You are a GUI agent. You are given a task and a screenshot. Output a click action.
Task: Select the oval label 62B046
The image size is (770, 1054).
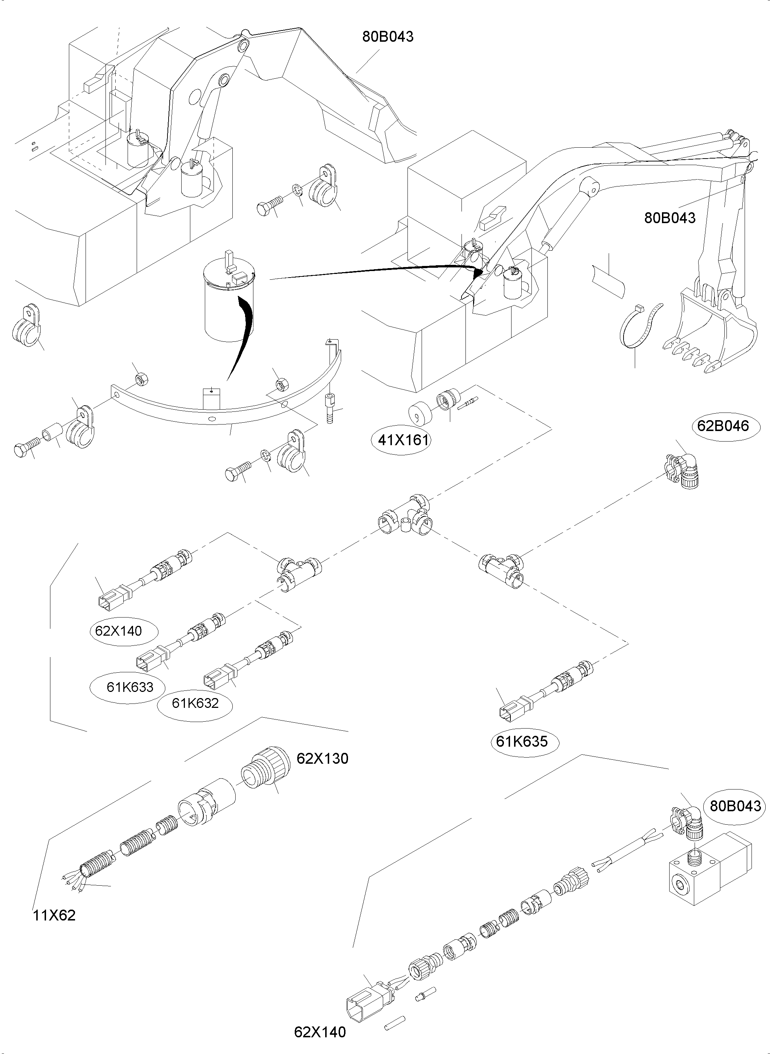(723, 426)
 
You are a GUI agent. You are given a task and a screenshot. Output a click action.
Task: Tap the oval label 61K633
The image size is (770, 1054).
(129, 686)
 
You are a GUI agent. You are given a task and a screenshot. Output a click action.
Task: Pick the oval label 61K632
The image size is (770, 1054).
(195, 703)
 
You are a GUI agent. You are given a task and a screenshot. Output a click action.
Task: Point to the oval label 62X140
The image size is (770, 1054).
(119, 631)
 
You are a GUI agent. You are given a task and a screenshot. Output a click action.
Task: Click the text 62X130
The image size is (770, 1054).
(322, 758)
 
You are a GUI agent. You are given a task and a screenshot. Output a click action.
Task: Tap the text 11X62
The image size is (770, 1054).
(54, 915)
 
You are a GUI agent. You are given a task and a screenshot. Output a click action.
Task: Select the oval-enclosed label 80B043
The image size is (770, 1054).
(736, 805)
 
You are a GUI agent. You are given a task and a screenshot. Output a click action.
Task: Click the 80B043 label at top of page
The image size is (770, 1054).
(388, 36)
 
